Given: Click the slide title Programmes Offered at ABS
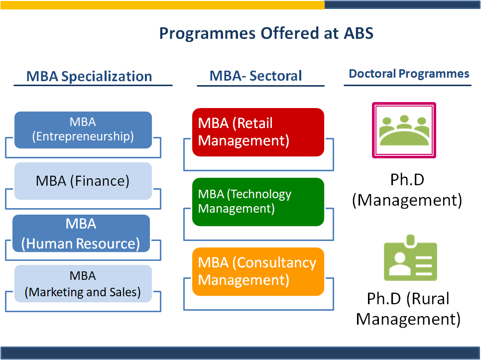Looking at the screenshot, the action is (x=266, y=33).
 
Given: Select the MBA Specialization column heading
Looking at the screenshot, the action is (x=89, y=76).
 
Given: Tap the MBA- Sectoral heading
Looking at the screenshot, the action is (x=256, y=76).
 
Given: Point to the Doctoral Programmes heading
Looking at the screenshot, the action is (x=409, y=74).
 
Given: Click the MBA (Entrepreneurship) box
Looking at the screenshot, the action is (x=83, y=130).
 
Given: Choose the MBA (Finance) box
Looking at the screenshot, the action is (x=83, y=181).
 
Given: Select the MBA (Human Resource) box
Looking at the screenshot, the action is (x=81, y=234).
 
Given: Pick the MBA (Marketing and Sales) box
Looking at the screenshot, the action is (x=83, y=284).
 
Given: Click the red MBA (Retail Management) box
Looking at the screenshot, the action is (x=258, y=132).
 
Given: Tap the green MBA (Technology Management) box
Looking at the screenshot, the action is (x=258, y=202).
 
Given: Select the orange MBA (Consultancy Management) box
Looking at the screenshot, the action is (x=258, y=272).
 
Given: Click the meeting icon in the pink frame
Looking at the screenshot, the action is (x=404, y=130).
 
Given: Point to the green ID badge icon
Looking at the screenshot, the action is (x=410, y=257).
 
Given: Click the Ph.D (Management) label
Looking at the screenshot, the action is (x=407, y=190).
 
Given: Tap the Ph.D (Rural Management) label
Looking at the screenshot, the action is (x=408, y=309).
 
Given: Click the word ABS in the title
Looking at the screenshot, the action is (x=359, y=33).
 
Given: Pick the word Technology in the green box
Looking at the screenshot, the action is (x=261, y=194).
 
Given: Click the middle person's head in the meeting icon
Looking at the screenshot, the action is (x=404, y=119).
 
